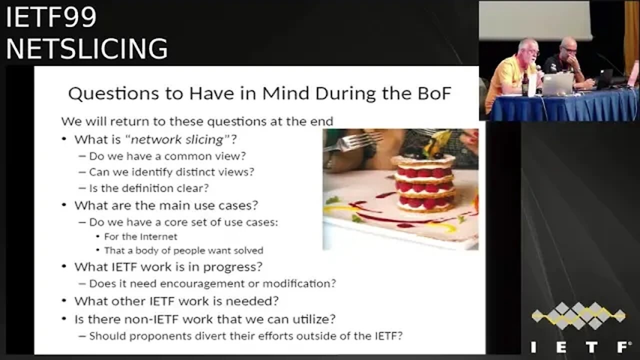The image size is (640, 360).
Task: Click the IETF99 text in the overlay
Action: point(51,17)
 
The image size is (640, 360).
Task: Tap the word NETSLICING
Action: point(87,48)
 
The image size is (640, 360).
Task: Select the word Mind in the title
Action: point(285,93)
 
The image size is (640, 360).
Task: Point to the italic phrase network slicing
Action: point(177,139)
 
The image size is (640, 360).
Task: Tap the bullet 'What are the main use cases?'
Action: point(166,205)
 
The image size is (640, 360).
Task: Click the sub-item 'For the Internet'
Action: point(140,236)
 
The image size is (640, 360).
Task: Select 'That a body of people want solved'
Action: point(183,250)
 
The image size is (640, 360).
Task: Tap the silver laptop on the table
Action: point(557,84)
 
